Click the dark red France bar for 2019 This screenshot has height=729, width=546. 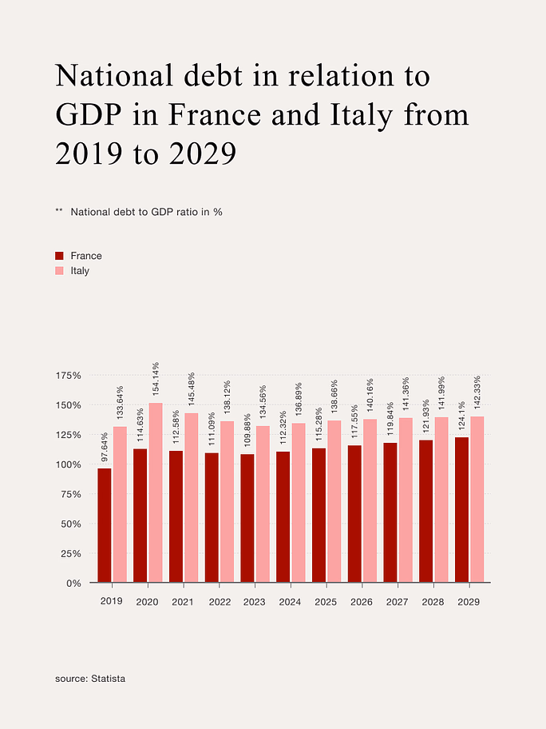coord(104,525)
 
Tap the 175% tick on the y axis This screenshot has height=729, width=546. coord(69,376)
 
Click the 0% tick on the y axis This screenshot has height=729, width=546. coord(73,583)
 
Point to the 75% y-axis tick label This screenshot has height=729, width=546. coord(71,495)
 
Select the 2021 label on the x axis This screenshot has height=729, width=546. coord(183,601)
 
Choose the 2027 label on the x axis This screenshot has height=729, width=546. coord(397,601)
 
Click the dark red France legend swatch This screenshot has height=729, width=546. coord(59,256)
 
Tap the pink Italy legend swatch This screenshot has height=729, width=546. coord(59,271)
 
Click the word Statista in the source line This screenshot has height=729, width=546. coord(109,679)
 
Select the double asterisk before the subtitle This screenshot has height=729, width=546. coord(59,212)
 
